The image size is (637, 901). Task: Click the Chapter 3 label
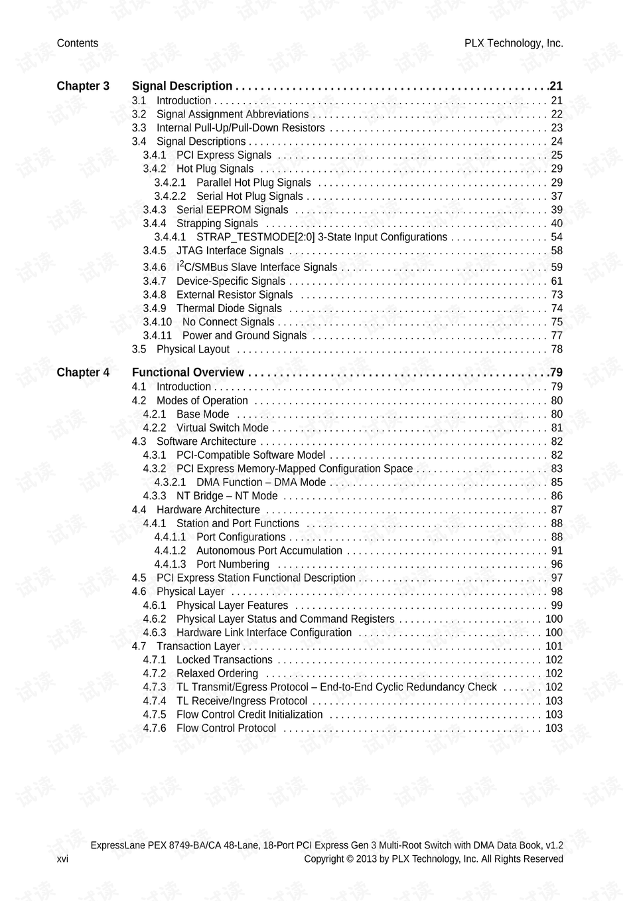(x=83, y=86)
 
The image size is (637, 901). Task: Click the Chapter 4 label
(x=83, y=372)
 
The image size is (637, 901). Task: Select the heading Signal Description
(x=182, y=86)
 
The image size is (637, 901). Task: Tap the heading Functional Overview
(x=188, y=372)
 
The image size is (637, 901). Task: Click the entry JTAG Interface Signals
(x=230, y=251)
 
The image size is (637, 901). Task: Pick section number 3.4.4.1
(x=170, y=237)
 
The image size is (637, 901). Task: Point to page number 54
(x=556, y=237)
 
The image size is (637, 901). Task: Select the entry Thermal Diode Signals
(x=229, y=309)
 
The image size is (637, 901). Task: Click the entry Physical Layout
(x=192, y=349)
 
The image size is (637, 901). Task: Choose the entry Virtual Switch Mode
(x=222, y=428)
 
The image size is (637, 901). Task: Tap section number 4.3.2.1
(x=170, y=483)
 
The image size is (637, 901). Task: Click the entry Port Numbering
(x=232, y=564)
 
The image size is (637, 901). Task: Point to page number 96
(x=556, y=564)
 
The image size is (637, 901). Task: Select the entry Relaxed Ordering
(x=217, y=674)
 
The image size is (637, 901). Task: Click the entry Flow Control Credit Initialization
(x=249, y=715)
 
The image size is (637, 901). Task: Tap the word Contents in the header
(x=78, y=44)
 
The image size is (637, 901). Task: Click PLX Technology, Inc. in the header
(x=514, y=44)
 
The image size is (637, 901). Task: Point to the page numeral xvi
(x=62, y=859)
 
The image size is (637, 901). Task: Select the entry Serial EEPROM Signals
(x=232, y=210)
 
